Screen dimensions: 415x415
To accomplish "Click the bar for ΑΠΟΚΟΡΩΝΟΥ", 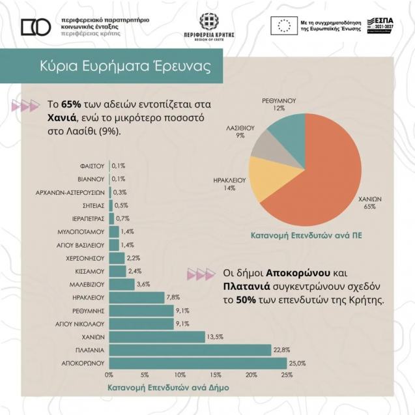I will click(197, 363).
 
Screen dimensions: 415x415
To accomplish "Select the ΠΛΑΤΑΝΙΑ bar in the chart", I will click(190, 350).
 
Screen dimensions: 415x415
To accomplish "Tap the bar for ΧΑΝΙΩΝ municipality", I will click(156, 337).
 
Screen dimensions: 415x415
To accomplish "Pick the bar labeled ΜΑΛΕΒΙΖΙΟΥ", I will click(121, 284).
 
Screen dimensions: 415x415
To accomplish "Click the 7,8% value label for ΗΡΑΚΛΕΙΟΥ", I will click(173, 297).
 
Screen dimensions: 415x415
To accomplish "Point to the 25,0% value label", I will click(298, 363).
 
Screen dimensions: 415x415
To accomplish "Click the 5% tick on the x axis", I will click(145, 375).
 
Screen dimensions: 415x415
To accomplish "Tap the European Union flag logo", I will click(284, 25).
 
